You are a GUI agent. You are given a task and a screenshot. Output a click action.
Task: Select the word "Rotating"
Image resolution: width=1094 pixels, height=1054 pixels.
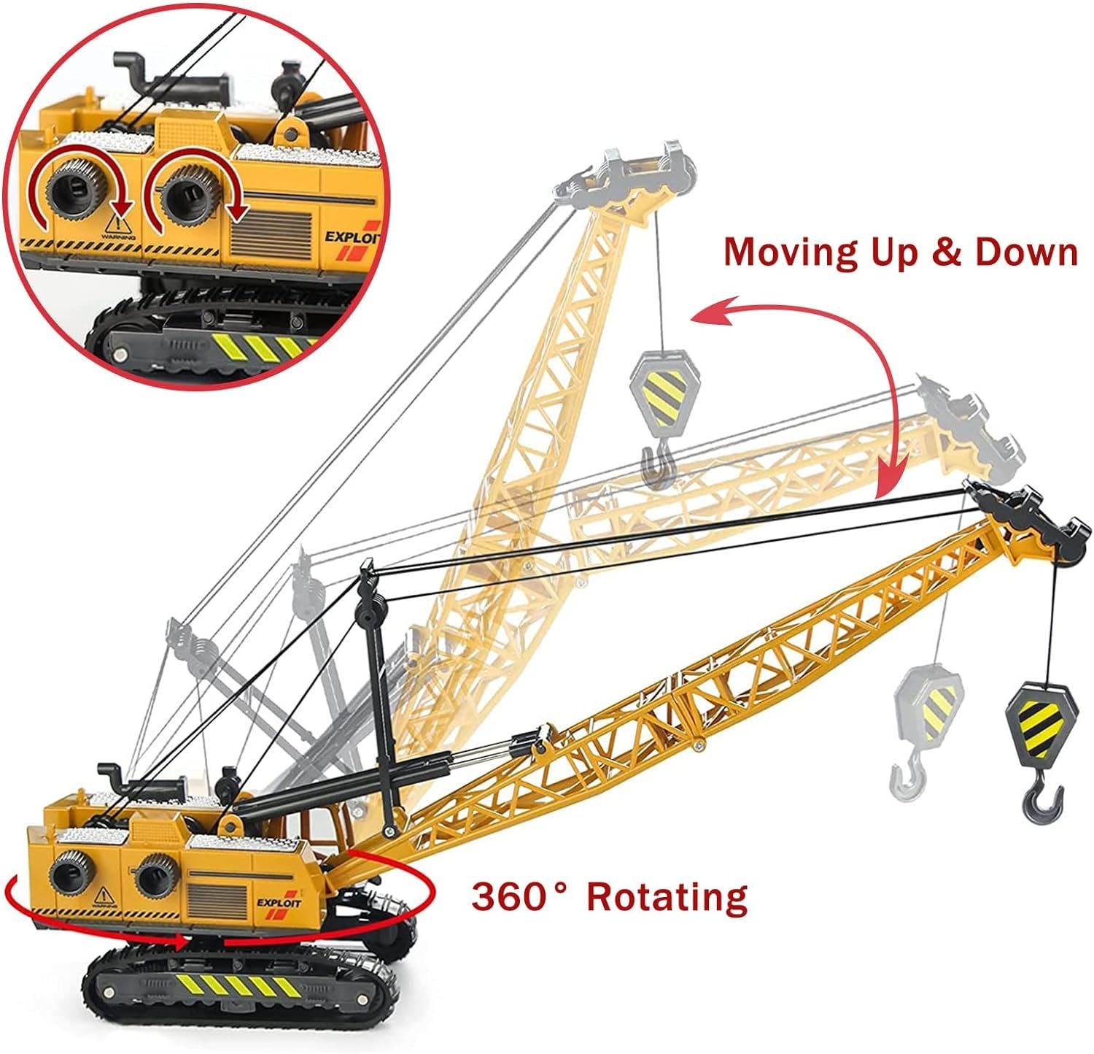pos(667,896)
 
